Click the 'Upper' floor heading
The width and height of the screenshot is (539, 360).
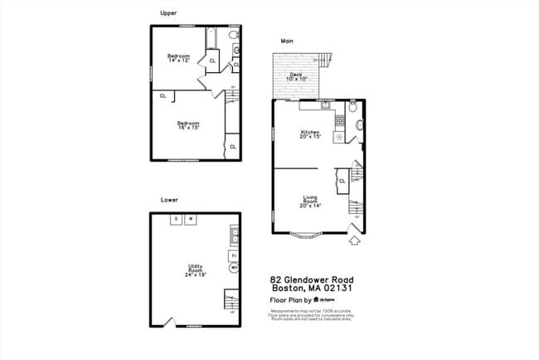[x=168, y=13]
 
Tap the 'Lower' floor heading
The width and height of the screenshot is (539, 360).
[x=169, y=200]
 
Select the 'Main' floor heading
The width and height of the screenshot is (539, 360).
[x=287, y=41]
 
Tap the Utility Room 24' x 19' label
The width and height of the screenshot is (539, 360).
[x=196, y=270]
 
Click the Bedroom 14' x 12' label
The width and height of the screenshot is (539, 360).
[x=179, y=58]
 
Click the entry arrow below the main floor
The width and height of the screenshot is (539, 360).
[x=355, y=241]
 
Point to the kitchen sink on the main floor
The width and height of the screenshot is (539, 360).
[x=326, y=105]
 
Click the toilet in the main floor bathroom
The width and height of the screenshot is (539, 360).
[x=353, y=107]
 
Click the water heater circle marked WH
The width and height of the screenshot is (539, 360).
[x=234, y=269]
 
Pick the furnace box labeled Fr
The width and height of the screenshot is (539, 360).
[x=234, y=255]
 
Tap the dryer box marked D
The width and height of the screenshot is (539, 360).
[x=175, y=218]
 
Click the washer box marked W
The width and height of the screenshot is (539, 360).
[x=190, y=218]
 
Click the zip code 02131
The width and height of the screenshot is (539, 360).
[x=338, y=289]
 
